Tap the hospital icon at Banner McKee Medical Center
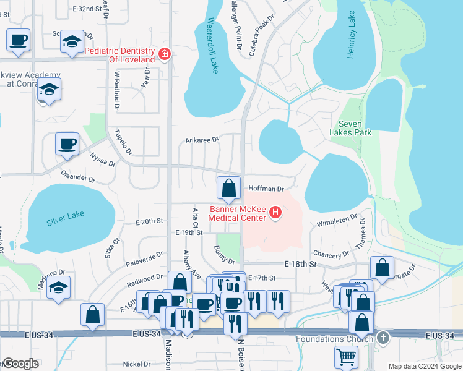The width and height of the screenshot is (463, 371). tap(276, 214)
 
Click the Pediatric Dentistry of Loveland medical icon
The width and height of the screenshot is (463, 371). tap(165, 54)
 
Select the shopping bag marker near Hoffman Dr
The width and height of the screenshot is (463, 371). tap(228, 187)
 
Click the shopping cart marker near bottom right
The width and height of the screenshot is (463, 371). tap(346, 356)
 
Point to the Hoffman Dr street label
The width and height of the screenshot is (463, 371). tap(266, 188)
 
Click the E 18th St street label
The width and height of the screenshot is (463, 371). tap(301, 264)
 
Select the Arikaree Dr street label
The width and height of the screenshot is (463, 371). tap(202, 140)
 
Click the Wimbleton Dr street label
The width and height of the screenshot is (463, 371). tap(337, 221)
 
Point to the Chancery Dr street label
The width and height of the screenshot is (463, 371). tap(331, 255)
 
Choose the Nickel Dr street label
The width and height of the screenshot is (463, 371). tap(137, 364)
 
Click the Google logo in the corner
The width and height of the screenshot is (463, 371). tap(20, 364)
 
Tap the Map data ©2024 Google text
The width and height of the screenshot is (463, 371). tap(424, 366)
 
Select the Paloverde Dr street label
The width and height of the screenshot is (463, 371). tap(144, 256)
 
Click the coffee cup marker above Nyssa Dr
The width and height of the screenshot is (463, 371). tap(67, 145)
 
